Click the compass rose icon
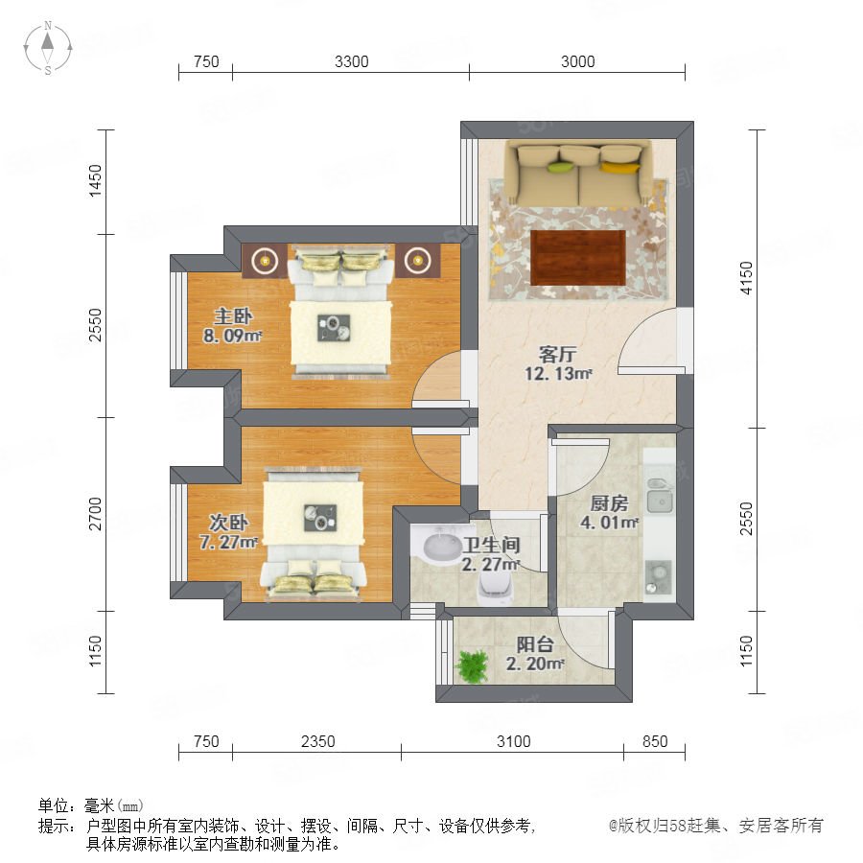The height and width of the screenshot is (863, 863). [48, 47]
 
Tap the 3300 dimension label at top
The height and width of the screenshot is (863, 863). [351, 61]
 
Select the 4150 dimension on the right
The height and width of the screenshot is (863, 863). [746, 278]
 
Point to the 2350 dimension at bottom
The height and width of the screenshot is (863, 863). [317, 741]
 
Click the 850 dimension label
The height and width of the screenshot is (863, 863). [655, 741]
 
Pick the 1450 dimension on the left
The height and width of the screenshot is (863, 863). [96, 180]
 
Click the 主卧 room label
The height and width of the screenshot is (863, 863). [233, 316]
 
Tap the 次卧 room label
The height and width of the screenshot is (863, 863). [228, 523]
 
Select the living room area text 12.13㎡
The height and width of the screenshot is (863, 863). [558, 374]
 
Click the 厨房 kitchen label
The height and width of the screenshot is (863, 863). [609, 503]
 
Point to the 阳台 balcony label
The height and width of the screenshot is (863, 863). [535, 644]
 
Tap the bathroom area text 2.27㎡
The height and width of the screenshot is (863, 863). [491, 564]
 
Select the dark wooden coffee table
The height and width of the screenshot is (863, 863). [578, 258]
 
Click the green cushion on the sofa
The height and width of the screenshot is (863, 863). [561, 167]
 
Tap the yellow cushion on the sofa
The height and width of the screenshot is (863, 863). [619, 167]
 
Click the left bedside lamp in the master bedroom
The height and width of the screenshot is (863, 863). [266, 260]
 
